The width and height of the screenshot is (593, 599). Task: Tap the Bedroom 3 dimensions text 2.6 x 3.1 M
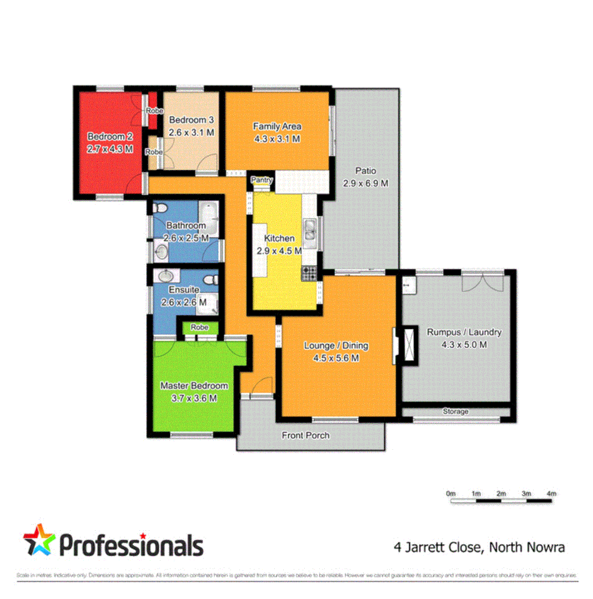[192, 133]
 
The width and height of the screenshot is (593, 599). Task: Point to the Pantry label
[261, 180]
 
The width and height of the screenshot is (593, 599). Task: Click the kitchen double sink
[309, 232]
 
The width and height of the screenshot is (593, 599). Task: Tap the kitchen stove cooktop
[309, 272]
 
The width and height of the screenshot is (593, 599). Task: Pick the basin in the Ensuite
[166, 276]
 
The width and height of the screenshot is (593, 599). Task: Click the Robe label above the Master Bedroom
[199, 327]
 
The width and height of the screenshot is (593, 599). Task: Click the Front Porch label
[306, 435]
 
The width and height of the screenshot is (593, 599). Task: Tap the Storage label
[455, 412]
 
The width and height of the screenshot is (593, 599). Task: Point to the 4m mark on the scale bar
[551, 494]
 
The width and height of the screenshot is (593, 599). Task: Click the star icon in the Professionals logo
[39, 540]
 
